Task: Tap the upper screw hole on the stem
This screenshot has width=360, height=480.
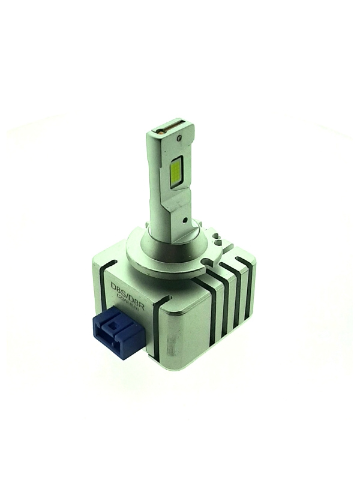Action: (180, 139)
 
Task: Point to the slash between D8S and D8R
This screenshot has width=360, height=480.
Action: (130, 292)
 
